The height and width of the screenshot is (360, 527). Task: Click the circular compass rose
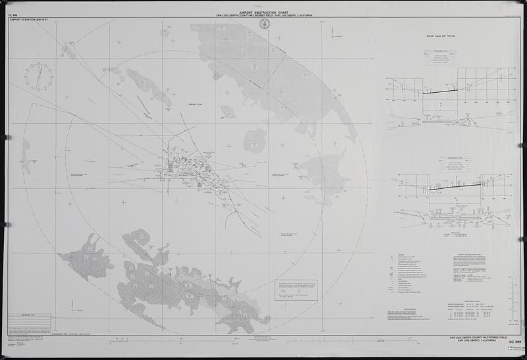38,76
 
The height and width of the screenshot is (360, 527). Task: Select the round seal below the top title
265,24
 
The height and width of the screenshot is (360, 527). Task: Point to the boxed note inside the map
296,290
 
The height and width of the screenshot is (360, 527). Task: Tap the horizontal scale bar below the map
263,343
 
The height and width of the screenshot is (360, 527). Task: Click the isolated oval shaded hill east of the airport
254,140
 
